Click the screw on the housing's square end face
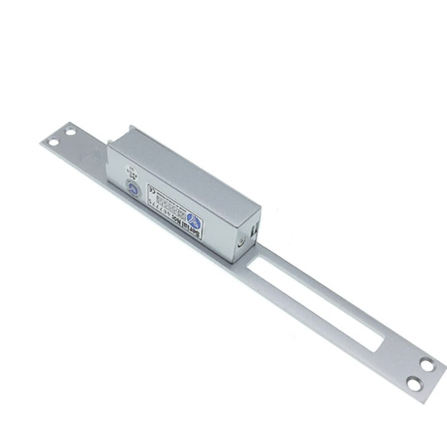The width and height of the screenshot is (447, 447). click(241, 242)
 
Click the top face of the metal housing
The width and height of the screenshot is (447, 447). click(184, 168)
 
